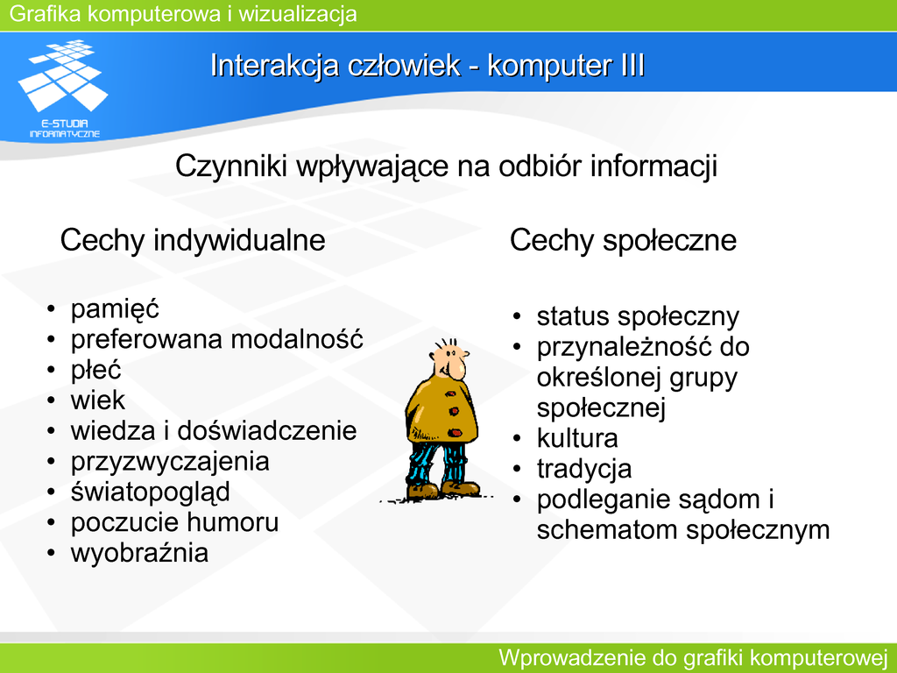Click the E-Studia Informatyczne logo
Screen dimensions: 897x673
64,89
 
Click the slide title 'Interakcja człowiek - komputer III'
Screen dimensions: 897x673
427,65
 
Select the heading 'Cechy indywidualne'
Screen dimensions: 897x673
193,240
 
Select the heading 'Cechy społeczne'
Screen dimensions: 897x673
623,240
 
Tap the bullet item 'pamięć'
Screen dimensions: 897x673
115,309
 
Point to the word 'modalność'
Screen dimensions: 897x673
297,339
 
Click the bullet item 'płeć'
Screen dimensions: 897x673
95,371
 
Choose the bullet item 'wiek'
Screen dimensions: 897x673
98,400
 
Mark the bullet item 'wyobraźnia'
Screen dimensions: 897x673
139,553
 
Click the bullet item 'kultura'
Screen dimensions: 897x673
577,439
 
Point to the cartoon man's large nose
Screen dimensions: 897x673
456,369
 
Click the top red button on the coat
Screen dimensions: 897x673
451,393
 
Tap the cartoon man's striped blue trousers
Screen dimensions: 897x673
436,463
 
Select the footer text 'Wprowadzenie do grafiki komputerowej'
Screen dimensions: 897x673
693,658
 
